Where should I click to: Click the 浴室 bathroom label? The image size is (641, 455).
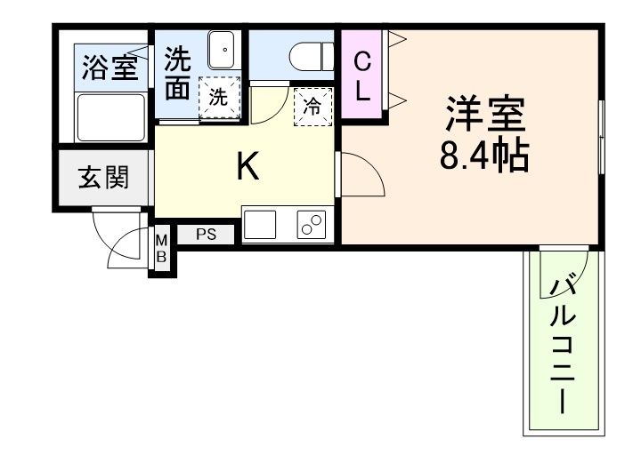point(110,68)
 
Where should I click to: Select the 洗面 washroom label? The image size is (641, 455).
point(178,74)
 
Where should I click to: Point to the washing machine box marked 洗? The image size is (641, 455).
point(219,98)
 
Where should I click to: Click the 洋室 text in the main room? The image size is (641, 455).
point(484,113)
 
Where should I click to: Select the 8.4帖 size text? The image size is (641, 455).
point(484,157)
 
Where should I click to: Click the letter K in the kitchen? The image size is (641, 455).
point(247,166)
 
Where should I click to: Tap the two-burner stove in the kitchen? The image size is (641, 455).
point(311,227)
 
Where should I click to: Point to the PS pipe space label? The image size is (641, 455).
point(207,235)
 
